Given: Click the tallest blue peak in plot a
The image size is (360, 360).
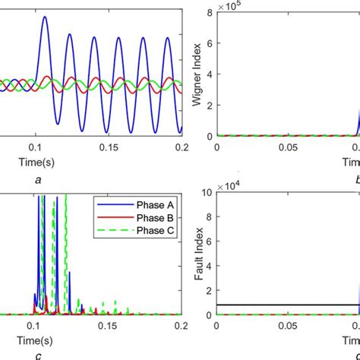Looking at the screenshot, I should [x=44, y=18].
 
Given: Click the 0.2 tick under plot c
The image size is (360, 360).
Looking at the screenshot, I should [x=180, y=324].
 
